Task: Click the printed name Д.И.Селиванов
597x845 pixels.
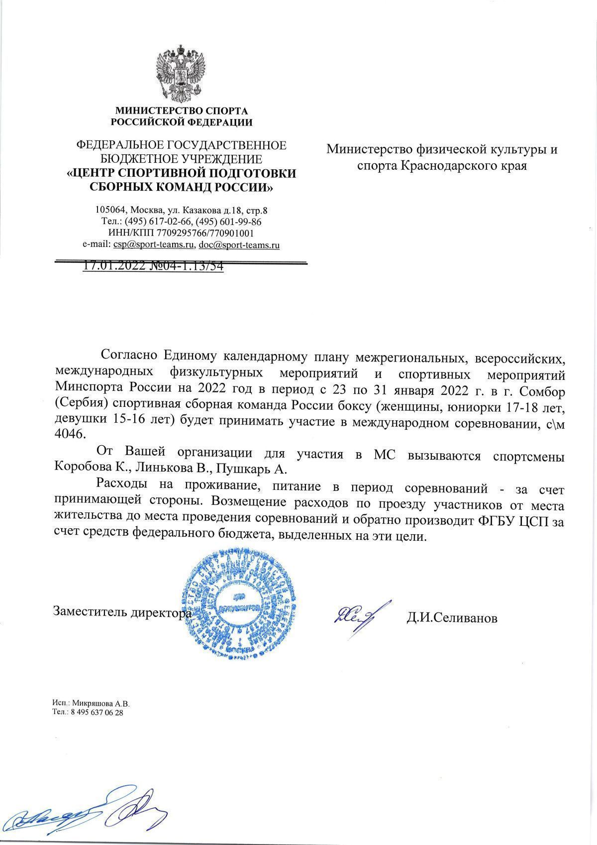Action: click(x=451, y=618)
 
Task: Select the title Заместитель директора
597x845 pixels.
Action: click(x=122, y=612)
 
